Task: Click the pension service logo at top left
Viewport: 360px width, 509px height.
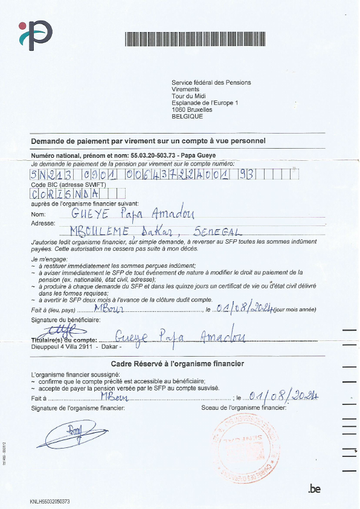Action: [35, 34]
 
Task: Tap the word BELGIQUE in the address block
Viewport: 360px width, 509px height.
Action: [187, 116]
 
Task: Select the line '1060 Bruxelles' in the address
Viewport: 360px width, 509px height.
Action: [192, 109]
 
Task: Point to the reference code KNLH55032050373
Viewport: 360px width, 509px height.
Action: [50, 501]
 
